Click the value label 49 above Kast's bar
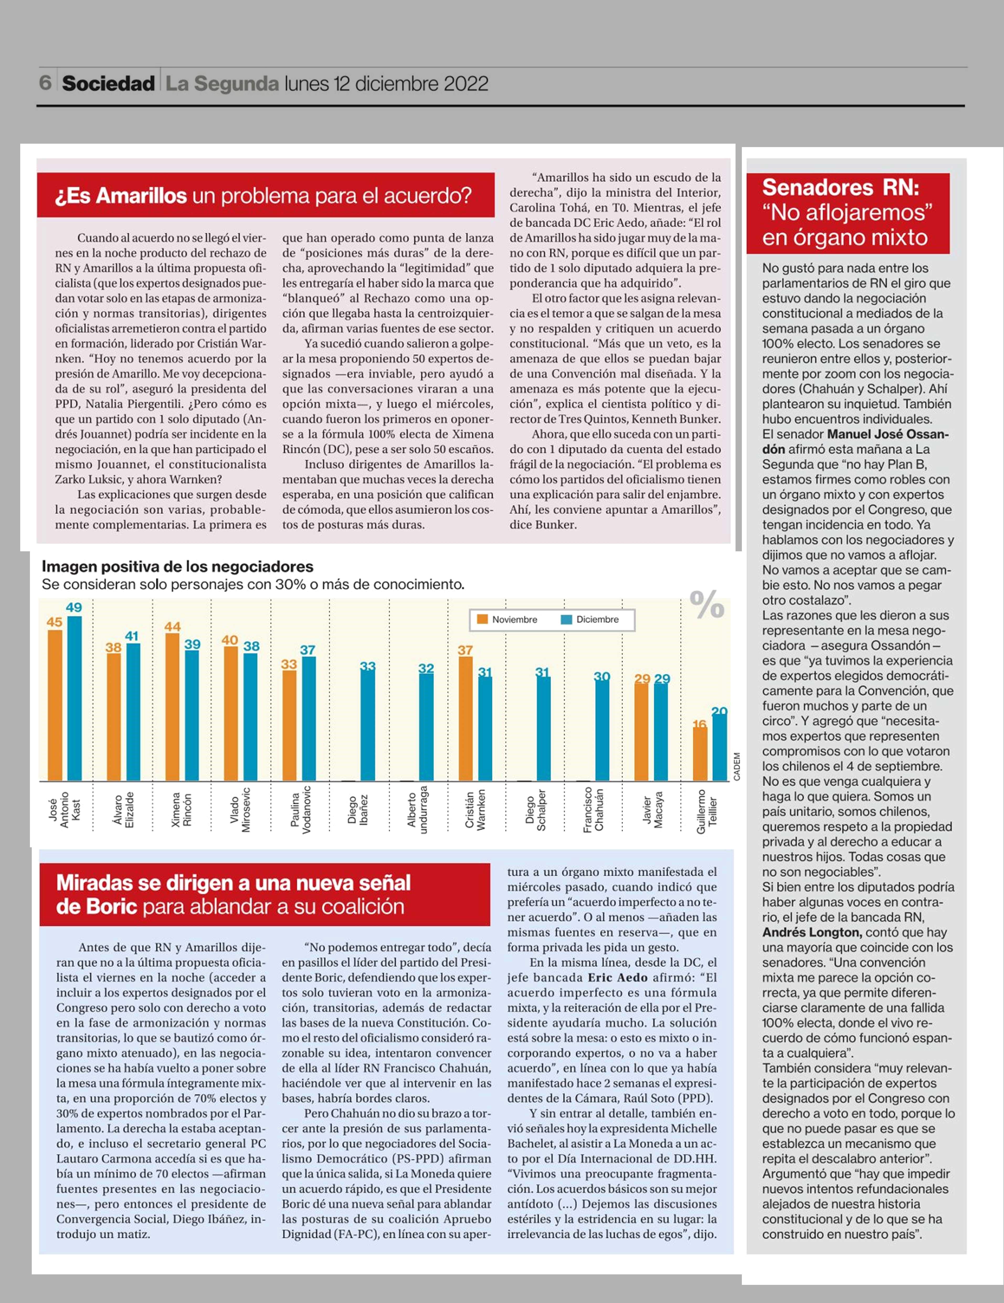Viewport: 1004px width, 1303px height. point(74,607)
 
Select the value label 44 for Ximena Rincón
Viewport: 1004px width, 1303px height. point(172,626)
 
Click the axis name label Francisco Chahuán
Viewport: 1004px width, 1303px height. point(594,809)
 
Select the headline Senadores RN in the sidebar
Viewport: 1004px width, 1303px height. point(841,187)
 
